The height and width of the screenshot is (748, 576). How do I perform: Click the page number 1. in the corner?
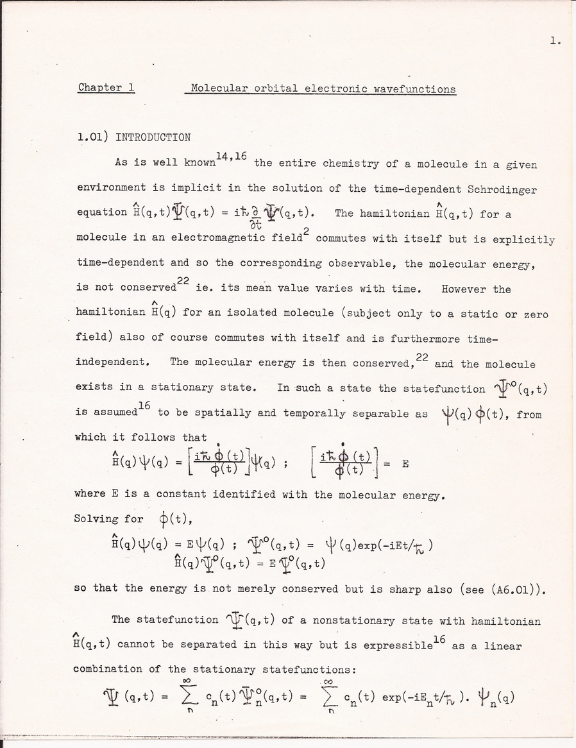tap(555, 42)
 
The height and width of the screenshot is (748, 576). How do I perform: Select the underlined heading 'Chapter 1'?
tap(106, 87)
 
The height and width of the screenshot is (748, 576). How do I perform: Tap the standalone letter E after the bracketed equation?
tap(405, 463)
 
